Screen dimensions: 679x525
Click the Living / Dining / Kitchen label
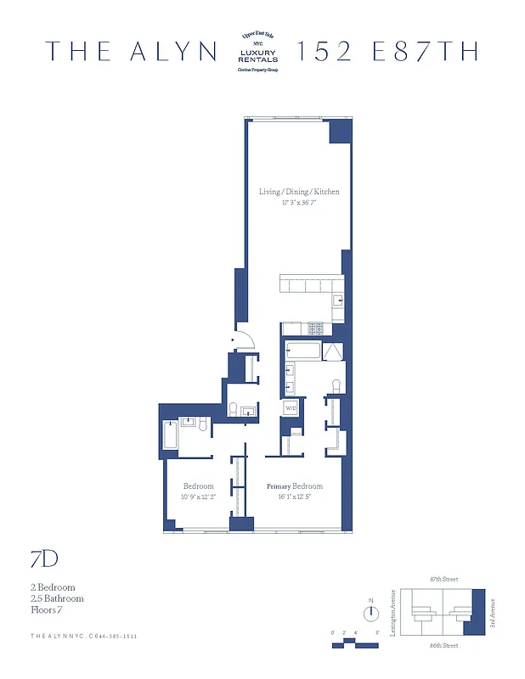point(299,192)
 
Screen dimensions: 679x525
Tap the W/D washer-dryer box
point(291,409)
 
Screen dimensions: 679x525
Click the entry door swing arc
point(244,340)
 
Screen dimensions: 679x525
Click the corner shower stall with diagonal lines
point(332,352)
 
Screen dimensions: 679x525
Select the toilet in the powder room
point(232,410)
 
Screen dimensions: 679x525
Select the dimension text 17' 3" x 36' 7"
point(299,204)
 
